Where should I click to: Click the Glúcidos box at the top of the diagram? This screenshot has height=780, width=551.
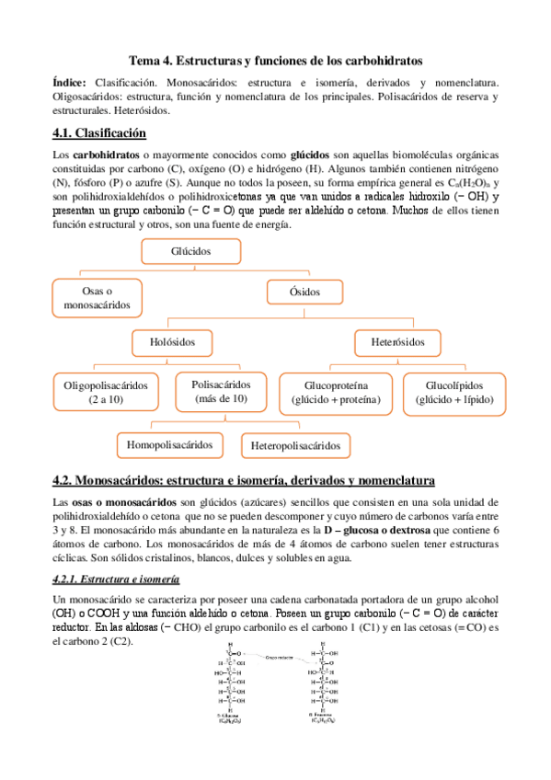pos(191,251)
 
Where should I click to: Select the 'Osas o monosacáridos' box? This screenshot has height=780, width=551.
pos(98,297)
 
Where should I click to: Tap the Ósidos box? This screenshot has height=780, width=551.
pos(306,292)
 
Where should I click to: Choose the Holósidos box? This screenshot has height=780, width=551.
pos(173,341)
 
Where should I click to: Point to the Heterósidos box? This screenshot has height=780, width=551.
pos(398,341)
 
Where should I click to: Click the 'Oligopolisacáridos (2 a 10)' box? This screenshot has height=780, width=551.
pos(105,392)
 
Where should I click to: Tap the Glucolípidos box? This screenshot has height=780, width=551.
pos(453,392)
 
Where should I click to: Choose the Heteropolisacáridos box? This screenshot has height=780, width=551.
pos(294,446)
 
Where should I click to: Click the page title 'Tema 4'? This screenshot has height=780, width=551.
pos(275,60)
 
